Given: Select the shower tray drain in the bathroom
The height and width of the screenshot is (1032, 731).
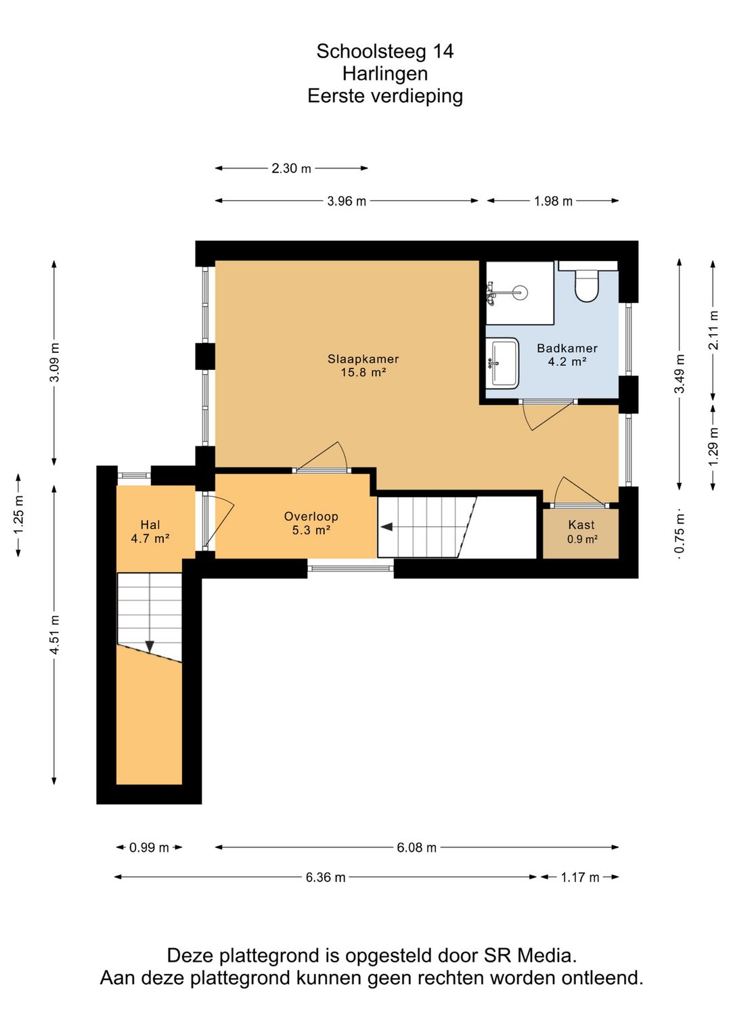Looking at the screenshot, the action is pyautogui.click(x=520, y=291).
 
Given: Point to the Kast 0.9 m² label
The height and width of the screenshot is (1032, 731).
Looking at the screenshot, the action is pyautogui.click(x=581, y=532).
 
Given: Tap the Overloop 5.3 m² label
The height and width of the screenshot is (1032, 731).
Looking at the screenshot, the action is pyautogui.click(x=311, y=523).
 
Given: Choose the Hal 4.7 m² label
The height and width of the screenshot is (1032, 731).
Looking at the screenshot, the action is pyautogui.click(x=150, y=531).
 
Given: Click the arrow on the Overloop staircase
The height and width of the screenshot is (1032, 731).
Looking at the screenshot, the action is pyautogui.click(x=386, y=526).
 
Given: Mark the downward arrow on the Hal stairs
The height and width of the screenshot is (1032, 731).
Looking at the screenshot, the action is pyautogui.click(x=150, y=647).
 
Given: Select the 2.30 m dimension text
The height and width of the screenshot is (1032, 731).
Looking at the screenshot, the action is pyautogui.click(x=291, y=168).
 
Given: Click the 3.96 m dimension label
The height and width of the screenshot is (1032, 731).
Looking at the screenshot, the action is pyautogui.click(x=347, y=202).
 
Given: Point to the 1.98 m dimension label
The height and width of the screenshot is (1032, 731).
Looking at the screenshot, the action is pyautogui.click(x=553, y=202).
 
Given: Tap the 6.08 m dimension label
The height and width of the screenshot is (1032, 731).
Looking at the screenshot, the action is pyautogui.click(x=416, y=848).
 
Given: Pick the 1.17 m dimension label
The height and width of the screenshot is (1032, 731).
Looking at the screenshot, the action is pyautogui.click(x=580, y=878).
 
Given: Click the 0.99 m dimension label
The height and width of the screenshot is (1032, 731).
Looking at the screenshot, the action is pyautogui.click(x=149, y=848).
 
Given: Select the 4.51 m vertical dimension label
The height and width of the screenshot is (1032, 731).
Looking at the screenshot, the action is pyautogui.click(x=54, y=634).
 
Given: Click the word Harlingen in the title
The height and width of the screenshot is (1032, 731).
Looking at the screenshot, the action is pyautogui.click(x=385, y=74).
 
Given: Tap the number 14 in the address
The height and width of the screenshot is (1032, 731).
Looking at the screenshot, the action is pyautogui.click(x=442, y=51).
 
